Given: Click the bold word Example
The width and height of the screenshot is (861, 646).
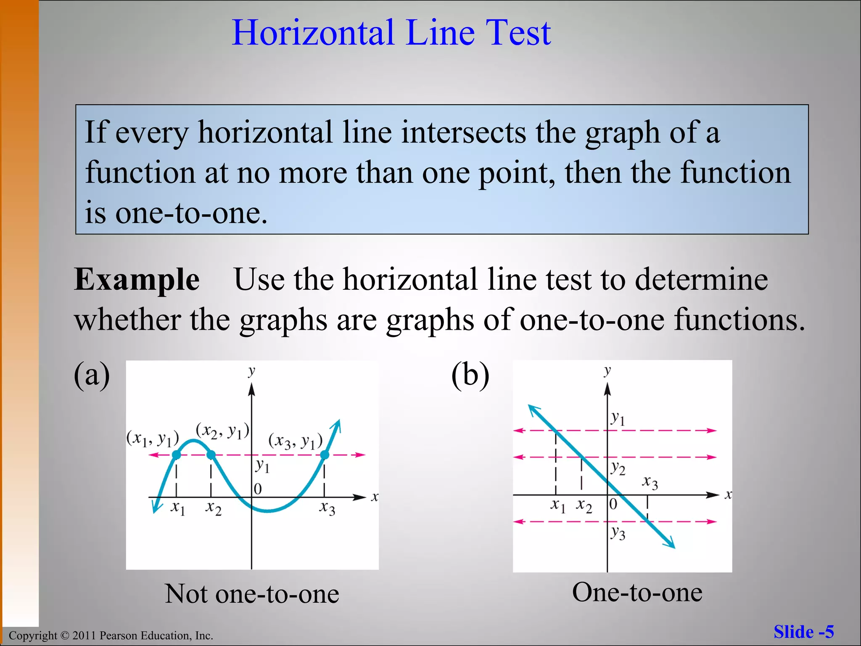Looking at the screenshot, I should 137,280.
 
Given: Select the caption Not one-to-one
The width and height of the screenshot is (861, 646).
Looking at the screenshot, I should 252,593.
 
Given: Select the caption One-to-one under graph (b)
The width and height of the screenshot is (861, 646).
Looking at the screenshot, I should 637,592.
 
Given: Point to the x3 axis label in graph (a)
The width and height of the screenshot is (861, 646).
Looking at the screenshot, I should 327,508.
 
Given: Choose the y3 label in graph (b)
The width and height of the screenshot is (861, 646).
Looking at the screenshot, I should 618,533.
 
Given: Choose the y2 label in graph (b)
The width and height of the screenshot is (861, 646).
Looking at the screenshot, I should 618,468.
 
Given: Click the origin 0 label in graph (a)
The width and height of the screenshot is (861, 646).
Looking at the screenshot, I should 258,489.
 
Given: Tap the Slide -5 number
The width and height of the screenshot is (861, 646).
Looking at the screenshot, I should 803,632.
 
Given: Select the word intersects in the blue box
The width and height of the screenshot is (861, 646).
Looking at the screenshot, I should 463,132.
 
